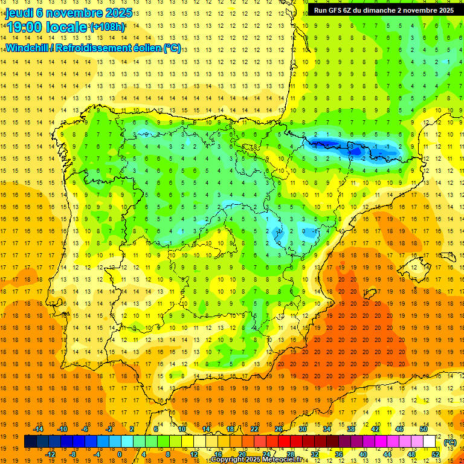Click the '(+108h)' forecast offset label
pos(108,27)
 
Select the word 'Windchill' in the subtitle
pos(27,48)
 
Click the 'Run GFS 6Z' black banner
pos(384,10)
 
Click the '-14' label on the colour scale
pos(39,429)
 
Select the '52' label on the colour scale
pos(436,454)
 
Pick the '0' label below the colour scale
pos(120,454)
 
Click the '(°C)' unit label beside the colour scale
pos(449,442)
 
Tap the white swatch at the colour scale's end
pos(430,442)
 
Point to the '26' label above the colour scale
pos(279,429)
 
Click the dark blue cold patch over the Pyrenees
pos(329,146)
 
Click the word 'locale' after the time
pos(65,27)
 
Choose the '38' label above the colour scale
pos(350,429)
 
